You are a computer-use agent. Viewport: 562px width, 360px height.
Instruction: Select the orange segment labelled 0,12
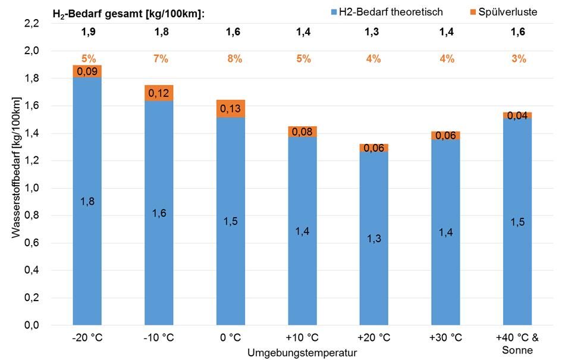coord(159,93)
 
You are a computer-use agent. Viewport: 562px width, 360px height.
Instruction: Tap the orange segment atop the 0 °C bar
coord(231,108)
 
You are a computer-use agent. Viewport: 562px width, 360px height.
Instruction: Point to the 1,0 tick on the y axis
coord(30,188)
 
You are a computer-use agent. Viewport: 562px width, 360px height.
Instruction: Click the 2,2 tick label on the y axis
coord(30,23)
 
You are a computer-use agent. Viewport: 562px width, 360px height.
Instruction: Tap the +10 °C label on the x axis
coord(303,338)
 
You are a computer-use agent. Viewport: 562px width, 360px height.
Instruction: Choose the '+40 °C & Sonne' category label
coord(517,343)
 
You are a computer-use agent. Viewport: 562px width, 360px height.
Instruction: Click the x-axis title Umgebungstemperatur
coord(303,353)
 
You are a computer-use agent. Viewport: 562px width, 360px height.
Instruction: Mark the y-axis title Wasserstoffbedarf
coord(16,168)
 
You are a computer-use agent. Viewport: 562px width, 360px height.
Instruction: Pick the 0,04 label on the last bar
coord(517,116)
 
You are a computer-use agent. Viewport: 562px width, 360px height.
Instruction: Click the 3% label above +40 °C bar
coord(519,59)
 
